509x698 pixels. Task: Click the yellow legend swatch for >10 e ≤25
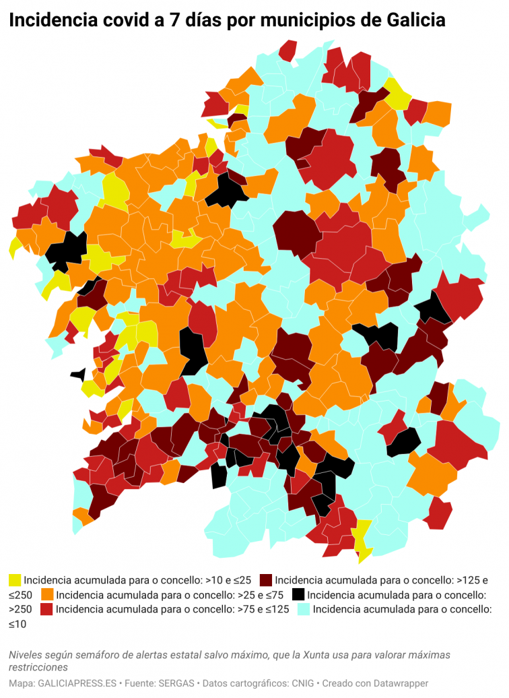point(15,580)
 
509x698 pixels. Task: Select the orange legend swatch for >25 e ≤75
point(48,595)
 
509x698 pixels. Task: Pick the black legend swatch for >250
point(298,595)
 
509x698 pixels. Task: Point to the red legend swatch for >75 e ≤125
point(47,610)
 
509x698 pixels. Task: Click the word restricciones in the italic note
point(38,667)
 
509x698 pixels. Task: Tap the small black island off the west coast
point(79,374)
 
